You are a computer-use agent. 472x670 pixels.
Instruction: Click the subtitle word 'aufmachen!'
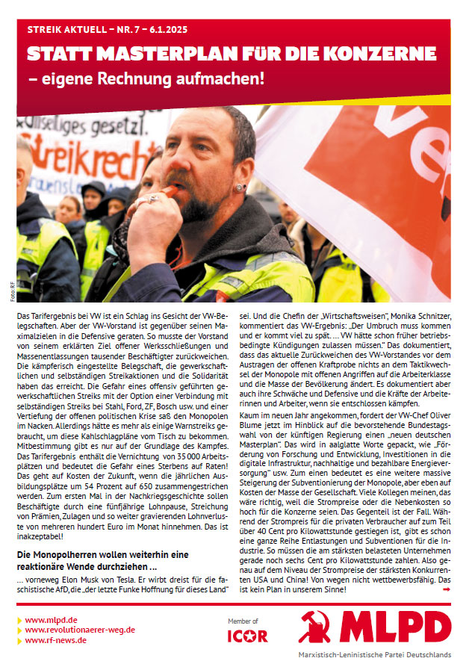click(223, 77)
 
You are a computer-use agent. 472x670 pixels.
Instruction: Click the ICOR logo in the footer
click(247, 636)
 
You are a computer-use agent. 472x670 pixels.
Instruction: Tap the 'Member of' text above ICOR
click(243, 621)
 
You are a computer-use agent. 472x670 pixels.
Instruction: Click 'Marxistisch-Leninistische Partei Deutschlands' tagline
click(384, 654)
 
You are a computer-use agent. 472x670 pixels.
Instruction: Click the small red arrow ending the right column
click(447, 589)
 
